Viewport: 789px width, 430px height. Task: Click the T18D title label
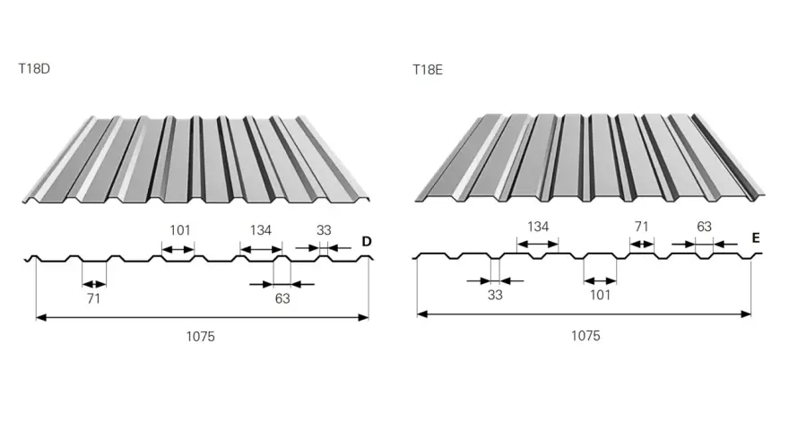(34, 68)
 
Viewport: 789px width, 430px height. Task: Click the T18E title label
(428, 69)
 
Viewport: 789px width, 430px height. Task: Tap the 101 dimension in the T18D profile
(179, 230)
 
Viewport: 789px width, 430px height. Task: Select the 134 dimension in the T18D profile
(261, 230)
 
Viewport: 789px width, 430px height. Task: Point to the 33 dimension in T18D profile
(324, 230)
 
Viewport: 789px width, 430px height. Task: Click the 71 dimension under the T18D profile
(93, 298)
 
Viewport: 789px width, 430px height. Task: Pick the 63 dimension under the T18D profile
(282, 298)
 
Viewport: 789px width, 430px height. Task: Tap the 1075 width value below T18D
(200, 337)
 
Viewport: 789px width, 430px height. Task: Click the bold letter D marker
(367, 241)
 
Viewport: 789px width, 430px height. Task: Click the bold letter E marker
(756, 238)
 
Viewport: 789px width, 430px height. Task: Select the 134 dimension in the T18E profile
(537, 227)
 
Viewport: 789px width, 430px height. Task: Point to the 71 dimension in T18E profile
(641, 227)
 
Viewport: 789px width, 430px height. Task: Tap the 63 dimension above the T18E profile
(704, 227)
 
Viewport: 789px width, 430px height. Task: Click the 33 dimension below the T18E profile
(495, 296)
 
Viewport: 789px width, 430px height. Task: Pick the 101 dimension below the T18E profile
(600, 296)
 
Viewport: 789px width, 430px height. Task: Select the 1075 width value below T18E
(585, 336)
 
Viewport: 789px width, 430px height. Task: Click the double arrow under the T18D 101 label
(178, 249)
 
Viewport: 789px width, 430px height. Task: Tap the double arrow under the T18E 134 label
(538, 245)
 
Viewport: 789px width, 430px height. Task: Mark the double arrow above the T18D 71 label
(94, 284)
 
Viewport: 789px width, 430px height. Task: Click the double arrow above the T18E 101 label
(601, 280)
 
